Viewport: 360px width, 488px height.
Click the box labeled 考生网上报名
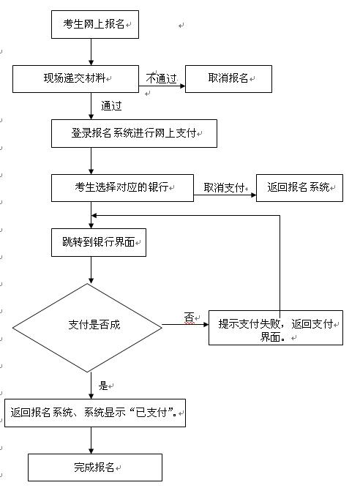(x=95, y=25)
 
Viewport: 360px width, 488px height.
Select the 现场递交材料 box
(x=75, y=79)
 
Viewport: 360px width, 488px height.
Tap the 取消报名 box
(x=228, y=79)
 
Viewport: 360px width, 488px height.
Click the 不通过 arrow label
(x=162, y=78)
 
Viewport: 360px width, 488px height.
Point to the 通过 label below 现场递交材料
(x=111, y=106)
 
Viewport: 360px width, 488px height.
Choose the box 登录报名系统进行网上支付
(x=134, y=133)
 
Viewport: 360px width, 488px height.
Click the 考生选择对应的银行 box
(x=122, y=188)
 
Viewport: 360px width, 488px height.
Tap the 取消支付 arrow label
(x=225, y=187)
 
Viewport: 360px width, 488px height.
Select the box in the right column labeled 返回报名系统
(x=299, y=188)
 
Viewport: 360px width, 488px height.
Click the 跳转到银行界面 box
(x=99, y=242)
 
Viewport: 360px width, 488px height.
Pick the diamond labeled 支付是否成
(x=87, y=328)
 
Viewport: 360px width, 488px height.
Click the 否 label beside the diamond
(x=189, y=318)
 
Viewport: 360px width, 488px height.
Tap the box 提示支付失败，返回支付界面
(x=276, y=328)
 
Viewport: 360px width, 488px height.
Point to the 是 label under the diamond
(x=103, y=386)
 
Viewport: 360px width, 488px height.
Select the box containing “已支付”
(x=95, y=413)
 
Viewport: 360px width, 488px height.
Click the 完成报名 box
(x=95, y=468)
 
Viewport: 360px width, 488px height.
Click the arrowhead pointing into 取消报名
(x=183, y=86)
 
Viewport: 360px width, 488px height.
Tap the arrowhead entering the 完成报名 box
(x=91, y=451)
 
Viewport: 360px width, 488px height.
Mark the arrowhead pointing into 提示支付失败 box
(x=206, y=325)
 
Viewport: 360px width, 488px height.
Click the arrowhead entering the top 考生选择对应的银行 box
(x=91, y=171)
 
